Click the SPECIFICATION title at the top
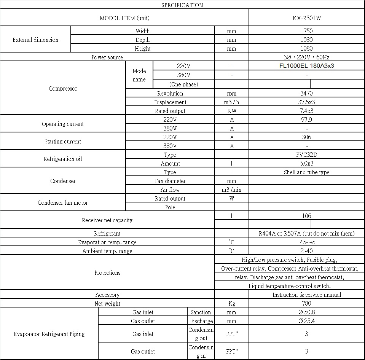coord(182,5)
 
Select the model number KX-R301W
coord(306,18)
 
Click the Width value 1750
coord(306,31)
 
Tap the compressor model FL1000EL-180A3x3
coord(306,66)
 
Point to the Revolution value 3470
coord(306,93)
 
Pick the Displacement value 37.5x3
coord(306,102)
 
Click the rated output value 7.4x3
coord(306,111)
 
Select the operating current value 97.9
coord(306,119)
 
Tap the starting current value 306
coord(306,137)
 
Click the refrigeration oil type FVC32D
coord(306,155)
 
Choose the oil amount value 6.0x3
coord(306,163)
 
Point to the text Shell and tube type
coord(306,172)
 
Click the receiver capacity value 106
coord(306,216)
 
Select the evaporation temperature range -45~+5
coord(306,242)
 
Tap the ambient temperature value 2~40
coord(306,251)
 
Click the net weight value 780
coord(306,303)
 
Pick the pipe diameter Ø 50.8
coord(306,312)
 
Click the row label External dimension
coord(35,40)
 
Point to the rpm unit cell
coord(231,93)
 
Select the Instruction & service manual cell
coord(306,295)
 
